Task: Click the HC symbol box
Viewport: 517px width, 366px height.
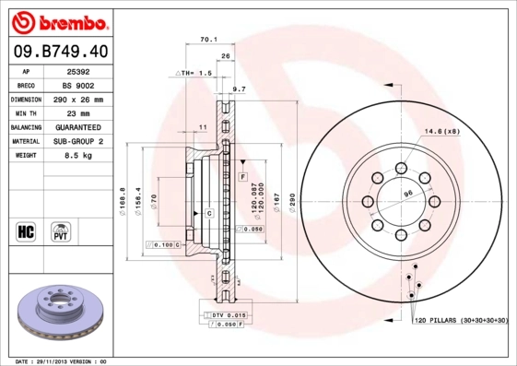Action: (x=26, y=230)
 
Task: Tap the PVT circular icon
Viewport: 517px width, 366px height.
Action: (x=61, y=230)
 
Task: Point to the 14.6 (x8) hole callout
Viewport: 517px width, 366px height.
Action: (x=442, y=131)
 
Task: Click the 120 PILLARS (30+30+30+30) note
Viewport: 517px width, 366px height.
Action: (x=461, y=320)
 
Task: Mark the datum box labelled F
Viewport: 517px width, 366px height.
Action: (x=242, y=175)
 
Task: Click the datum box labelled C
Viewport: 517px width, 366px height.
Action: (x=209, y=213)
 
